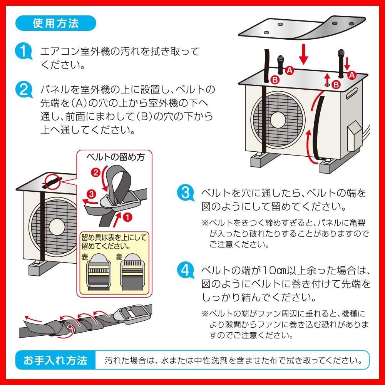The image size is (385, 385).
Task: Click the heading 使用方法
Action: [56, 23]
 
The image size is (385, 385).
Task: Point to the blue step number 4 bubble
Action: [185, 270]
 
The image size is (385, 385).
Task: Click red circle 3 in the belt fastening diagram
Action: [91, 193]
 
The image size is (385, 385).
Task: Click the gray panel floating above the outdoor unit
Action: [304, 29]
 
